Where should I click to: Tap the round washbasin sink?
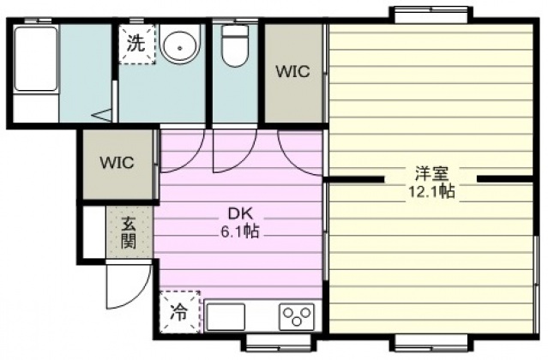pyautogui.click(x=180, y=44)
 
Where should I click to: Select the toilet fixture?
pyautogui.click(x=235, y=45)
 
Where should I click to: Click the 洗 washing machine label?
pyautogui.click(x=136, y=44)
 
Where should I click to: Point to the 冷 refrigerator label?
pyautogui.click(x=179, y=312)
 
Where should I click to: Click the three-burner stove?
pyautogui.click(x=297, y=316)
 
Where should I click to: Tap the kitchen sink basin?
pyautogui.click(x=226, y=316)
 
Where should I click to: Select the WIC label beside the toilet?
pyautogui.click(x=292, y=72)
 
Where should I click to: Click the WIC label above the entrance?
pyautogui.click(x=117, y=163)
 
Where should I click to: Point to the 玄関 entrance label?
pyautogui.click(x=129, y=233)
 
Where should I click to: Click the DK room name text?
pyautogui.click(x=240, y=213)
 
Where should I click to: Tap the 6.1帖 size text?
pyautogui.click(x=240, y=231)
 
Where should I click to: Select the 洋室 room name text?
pyautogui.click(x=431, y=173)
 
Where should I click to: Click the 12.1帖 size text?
pyautogui.click(x=431, y=191)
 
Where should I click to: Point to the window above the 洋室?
pyautogui.click(x=431, y=15)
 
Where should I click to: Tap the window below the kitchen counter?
pyautogui.click(x=279, y=343)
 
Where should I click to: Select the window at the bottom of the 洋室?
pyautogui.click(x=431, y=343)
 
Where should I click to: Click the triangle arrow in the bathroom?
pyautogui.click(x=102, y=115)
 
